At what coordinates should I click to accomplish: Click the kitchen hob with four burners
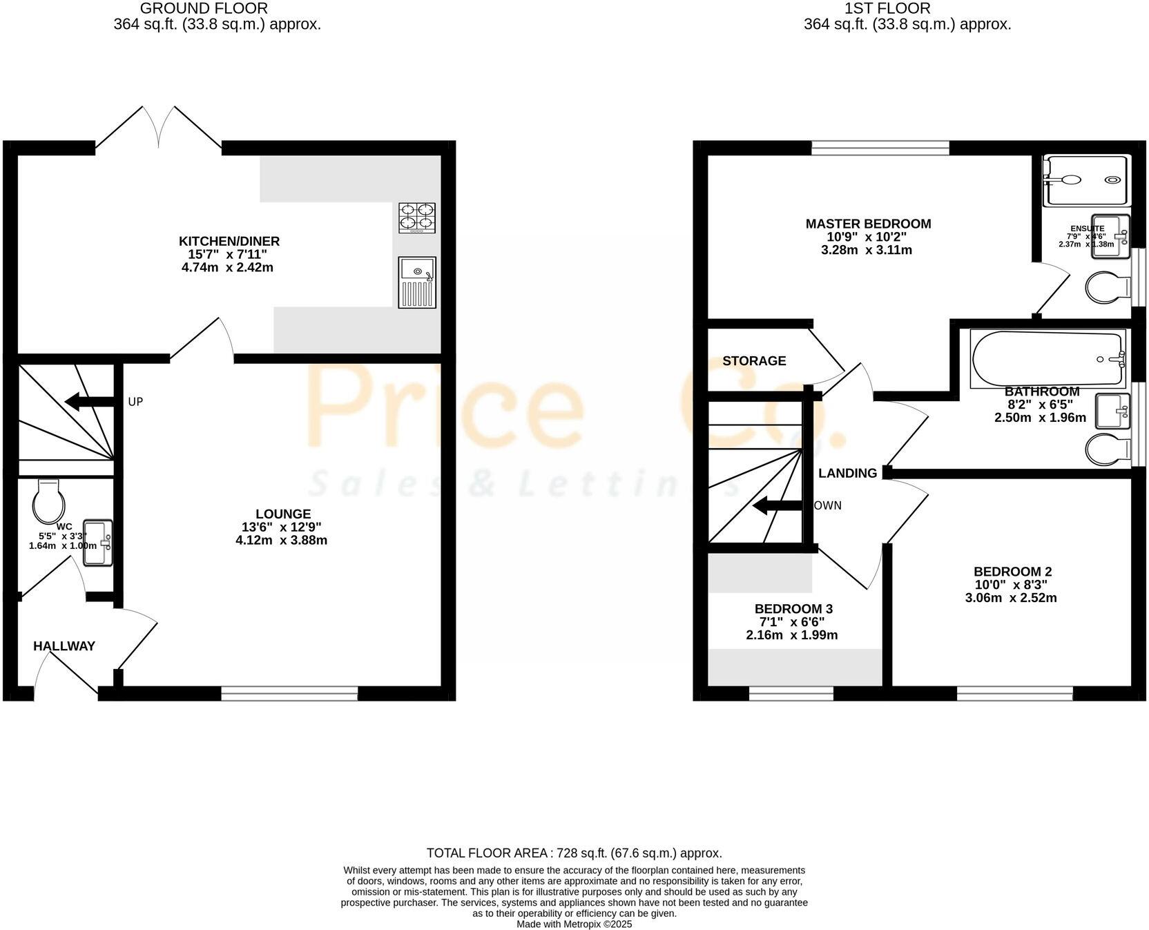[417, 217]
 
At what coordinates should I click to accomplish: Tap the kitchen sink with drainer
[417, 282]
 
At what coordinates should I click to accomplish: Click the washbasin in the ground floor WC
[98, 543]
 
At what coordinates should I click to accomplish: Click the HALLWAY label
[64, 646]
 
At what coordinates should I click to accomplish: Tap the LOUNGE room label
[283, 514]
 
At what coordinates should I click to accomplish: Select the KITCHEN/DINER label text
[229, 241]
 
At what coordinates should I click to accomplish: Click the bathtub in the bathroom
[1047, 358]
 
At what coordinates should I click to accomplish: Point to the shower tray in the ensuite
[1086, 180]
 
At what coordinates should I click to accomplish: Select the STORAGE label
[754, 360]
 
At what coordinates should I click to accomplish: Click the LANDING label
[847, 473]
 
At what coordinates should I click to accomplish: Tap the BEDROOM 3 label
[793, 609]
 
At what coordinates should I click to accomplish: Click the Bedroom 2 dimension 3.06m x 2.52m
[1011, 598]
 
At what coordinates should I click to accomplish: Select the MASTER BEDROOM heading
[868, 224]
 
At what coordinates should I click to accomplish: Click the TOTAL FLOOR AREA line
[574, 853]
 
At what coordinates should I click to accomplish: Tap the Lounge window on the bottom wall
[289, 692]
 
